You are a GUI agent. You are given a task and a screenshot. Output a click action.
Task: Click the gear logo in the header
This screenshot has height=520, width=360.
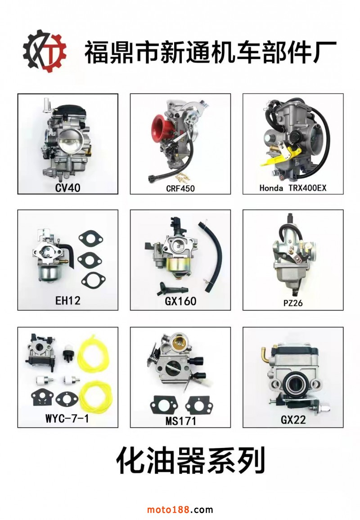point(45,51)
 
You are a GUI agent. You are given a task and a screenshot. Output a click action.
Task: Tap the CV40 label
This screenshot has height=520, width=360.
point(67,188)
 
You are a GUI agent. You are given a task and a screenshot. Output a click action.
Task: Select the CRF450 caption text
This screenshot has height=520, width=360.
point(180,188)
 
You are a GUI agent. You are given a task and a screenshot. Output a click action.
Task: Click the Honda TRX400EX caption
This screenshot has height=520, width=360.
point(293,188)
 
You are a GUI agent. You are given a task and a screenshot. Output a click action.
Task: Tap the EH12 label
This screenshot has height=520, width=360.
point(67,300)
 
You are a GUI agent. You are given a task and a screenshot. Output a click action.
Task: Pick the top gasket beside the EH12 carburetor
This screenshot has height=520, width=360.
point(90,239)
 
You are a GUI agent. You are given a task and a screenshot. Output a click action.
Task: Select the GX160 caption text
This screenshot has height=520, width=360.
point(180,301)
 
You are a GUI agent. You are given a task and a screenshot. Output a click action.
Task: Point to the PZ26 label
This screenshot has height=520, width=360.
point(293,303)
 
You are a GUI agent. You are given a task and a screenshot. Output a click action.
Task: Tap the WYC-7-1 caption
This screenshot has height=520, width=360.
point(67,418)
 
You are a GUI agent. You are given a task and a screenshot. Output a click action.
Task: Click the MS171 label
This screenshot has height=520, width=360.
point(181,421)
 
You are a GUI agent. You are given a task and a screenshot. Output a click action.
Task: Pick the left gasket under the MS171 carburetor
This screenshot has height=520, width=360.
point(164,405)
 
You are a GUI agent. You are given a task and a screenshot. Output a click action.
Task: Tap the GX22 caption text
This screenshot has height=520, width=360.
point(293,420)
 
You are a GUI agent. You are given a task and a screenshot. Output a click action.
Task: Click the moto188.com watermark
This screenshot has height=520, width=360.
point(180,509)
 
